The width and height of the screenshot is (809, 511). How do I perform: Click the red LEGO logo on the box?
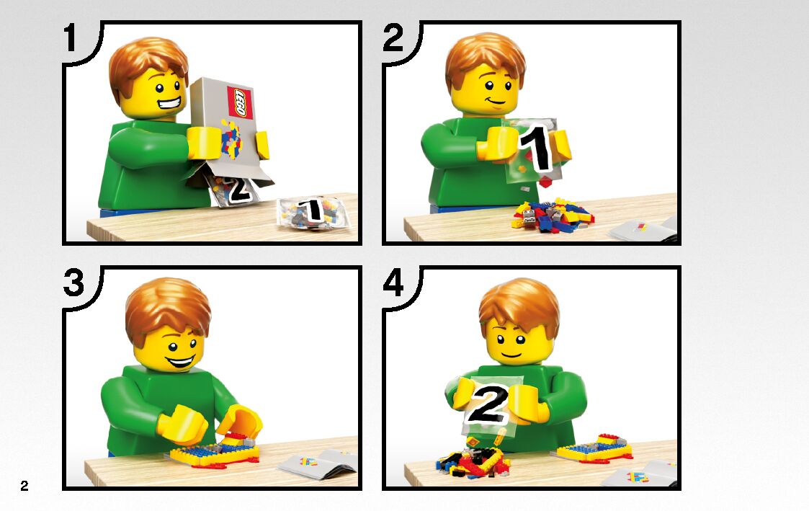pos(240,102)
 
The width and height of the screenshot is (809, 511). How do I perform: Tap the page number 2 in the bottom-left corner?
pos(24,485)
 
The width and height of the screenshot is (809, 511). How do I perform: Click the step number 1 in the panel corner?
pos(71,37)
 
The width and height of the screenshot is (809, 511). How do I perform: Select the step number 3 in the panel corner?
pos(73,283)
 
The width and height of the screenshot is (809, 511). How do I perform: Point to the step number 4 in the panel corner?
pos(393,283)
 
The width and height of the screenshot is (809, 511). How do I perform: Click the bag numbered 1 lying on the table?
pos(312,212)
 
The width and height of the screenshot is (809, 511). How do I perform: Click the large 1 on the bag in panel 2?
pos(536,148)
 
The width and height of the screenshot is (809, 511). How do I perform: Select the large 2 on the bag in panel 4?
pos(487,404)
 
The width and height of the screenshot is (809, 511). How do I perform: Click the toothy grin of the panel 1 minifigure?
pos(170,105)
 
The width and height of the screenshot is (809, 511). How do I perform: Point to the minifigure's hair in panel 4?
pos(519,306)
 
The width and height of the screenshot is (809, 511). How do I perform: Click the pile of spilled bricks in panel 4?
pos(472,461)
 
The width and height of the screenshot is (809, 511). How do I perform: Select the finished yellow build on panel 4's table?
pos(594,450)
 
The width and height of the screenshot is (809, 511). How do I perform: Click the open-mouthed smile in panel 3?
pos(180,361)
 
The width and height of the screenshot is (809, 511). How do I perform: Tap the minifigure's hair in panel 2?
pos(485,58)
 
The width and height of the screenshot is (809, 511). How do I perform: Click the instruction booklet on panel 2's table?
pos(643,230)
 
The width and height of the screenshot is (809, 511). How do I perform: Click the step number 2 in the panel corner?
pos(393,37)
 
